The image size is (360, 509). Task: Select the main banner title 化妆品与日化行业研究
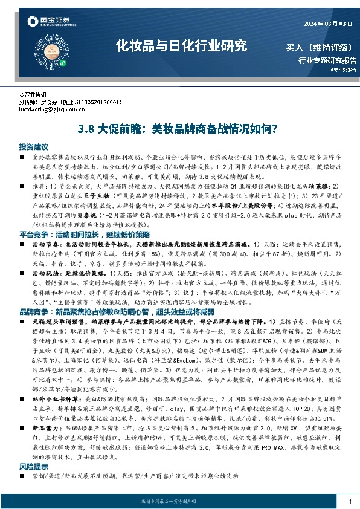[x=182, y=45]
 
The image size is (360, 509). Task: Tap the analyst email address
[x=53, y=111]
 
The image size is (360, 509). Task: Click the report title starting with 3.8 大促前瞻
[x=179, y=129]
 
